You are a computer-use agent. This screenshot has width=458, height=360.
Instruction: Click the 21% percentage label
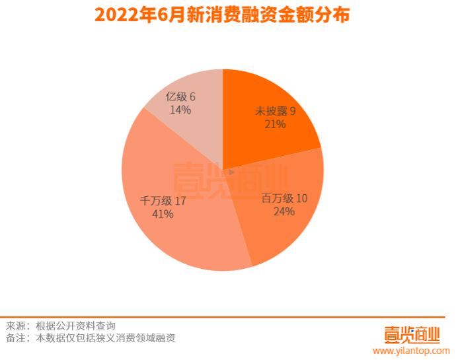[x=275, y=124]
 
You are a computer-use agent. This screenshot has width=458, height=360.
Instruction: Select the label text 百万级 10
[x=284, y=199]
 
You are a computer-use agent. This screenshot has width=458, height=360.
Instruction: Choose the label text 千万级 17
[x=163, y=201]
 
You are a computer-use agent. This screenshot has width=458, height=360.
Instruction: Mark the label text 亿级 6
[x=180, y=97]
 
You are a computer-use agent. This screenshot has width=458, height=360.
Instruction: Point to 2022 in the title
[x=117, y=15]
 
